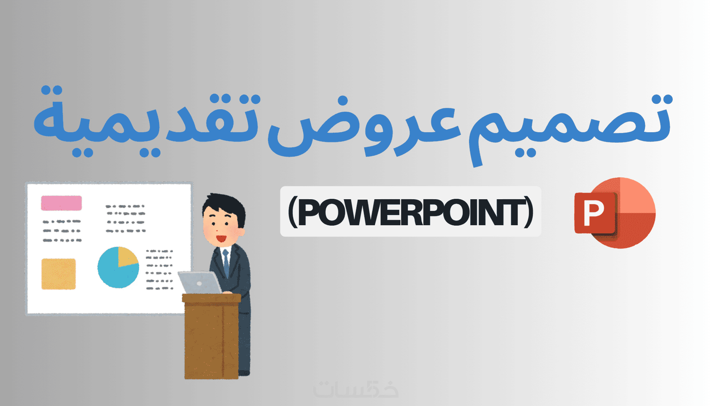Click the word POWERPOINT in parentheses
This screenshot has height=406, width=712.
[x=410, y=211]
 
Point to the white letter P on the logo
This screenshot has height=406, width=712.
[x=593, y=213]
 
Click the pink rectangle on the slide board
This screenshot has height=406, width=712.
[x=61, y=203]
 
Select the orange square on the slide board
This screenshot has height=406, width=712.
[x=59, y=274]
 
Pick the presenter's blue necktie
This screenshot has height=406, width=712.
[x=226, y=262]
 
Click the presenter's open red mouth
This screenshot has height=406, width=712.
[x=221, y=238]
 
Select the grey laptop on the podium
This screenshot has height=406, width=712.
[x=200, y=283]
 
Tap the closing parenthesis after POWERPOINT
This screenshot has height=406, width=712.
[x=528, y=211]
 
